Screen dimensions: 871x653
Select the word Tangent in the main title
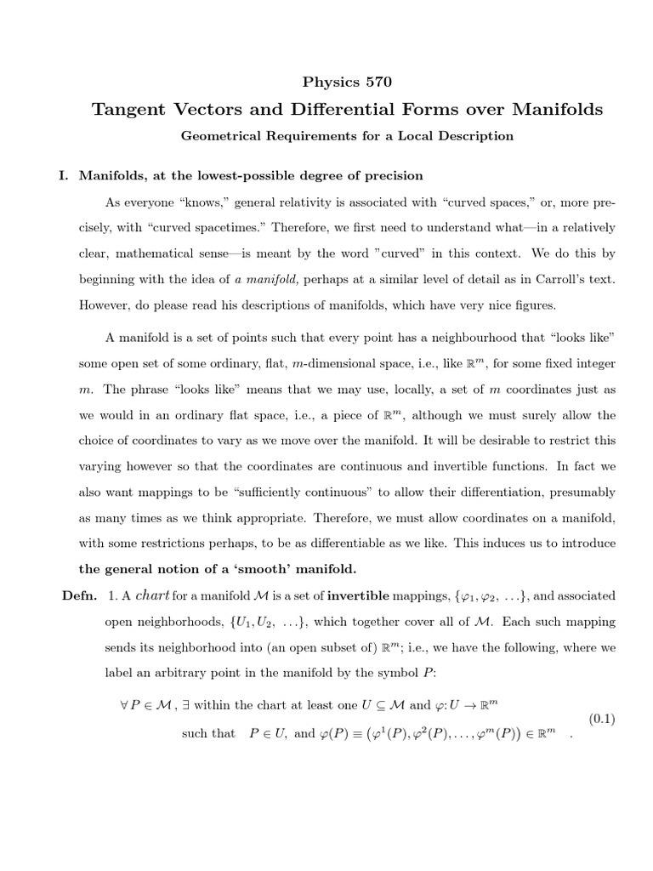tap(134, 110)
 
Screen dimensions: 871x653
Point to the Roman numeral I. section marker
tap(62, 176)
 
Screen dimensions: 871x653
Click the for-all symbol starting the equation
tap(124, 704)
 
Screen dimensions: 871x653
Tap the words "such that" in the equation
tap(207, 733)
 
